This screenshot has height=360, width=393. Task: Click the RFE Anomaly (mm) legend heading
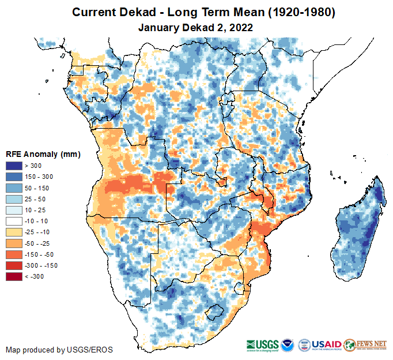[x=43, y=154]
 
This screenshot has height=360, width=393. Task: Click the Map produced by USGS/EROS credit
[x=59, y=350]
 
